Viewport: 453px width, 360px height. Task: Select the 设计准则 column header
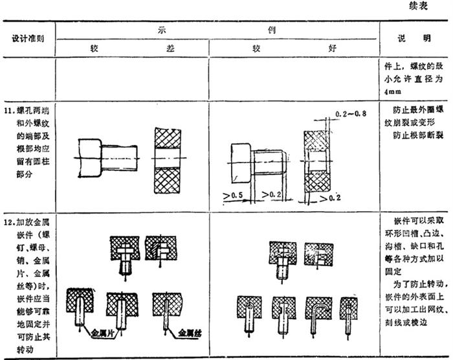pos(28,38)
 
